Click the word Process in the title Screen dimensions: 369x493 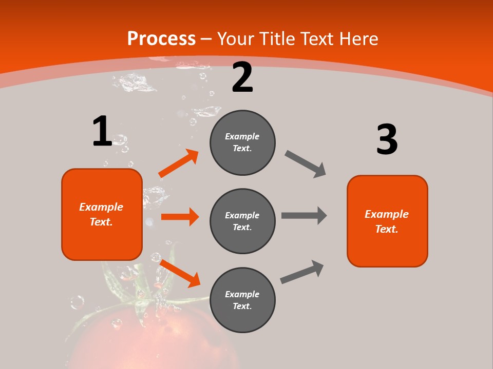pyautogui.click(x=161, y=39)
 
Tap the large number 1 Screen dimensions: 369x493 pyautogui.click(x=102, y=132)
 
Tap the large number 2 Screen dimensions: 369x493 pyautogui.click(x=242, y=78)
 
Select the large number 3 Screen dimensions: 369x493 pyautogui.click(x=387, y=140)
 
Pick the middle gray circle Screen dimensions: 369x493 pyautogui.click(x=242, y=221)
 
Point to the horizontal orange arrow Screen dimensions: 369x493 pyautogui.click(x=179, y=217)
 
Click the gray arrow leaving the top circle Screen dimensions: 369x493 pyautogui.click(x=306, y=164)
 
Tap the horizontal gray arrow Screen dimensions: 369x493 pyautogui.click(x=304, y=215)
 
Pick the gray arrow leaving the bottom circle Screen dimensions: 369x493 pyautogui.click(x=302, y=272)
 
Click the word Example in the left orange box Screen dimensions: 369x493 pyautogui.click(x=101, y=207)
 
